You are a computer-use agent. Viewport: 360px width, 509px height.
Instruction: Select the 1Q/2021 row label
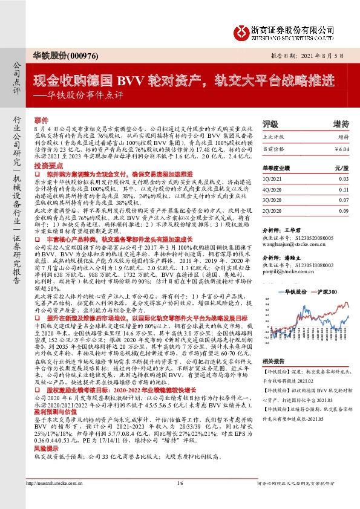click(x=275, y=180)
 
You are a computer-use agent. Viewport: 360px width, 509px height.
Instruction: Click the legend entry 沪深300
click(x=327, y=291)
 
